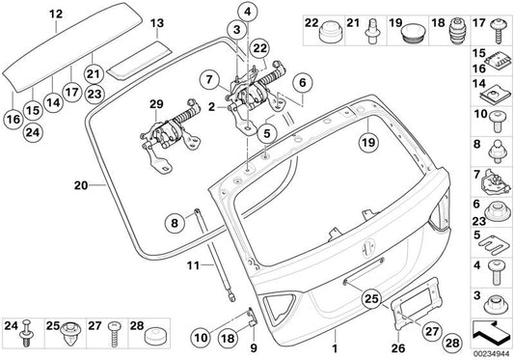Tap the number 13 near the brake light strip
(x=157, y=21)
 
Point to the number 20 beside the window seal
(x=78, y=181)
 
